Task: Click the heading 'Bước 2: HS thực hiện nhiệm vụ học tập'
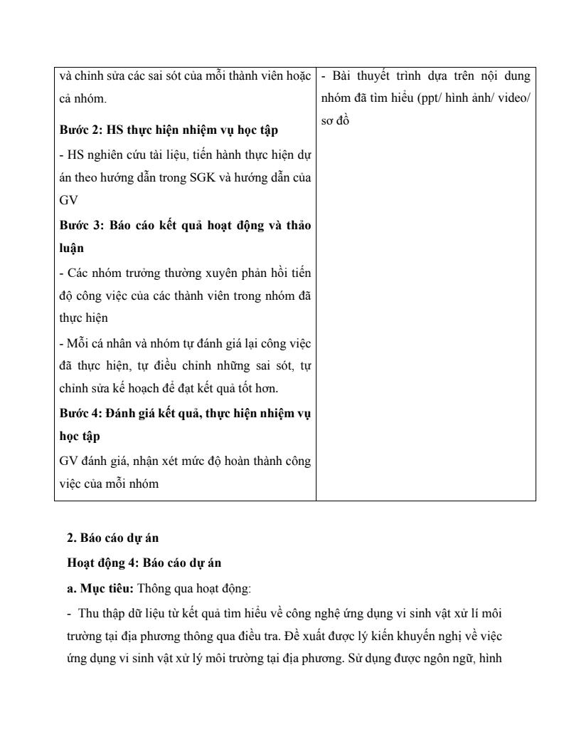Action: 169,130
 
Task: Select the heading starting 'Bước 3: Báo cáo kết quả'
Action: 185,226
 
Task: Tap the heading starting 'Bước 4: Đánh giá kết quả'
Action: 185,413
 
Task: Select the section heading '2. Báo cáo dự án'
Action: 112,538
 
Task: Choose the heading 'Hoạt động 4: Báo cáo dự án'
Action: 144,563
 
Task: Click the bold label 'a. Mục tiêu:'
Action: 100,587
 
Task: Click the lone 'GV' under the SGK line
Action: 68,202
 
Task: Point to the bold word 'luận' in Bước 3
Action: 72,249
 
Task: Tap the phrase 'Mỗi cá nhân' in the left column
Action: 95,343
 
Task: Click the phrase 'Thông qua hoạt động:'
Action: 185,587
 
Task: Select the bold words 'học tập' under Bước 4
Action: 80,436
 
